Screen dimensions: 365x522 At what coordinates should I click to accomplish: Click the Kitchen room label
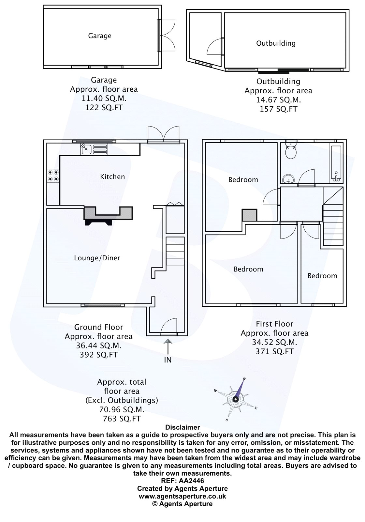(112, 177)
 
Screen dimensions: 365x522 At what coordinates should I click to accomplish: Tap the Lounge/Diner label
(97, 258)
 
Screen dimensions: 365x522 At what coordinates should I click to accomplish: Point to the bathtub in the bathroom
(336, 162)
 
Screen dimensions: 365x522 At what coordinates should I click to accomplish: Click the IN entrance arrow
(168, 346)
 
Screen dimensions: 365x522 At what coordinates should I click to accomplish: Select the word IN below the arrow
(168, 360)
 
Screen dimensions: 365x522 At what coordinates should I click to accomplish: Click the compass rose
(236, 399)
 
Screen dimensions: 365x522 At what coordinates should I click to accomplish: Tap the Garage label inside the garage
(100, 36)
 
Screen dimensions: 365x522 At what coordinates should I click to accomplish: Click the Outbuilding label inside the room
(276, 43)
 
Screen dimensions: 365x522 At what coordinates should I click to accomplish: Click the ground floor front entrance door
(169, 327)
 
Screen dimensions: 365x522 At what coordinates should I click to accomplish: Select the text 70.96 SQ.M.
(122, 409)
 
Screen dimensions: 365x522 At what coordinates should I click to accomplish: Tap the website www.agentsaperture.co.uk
(182, 496)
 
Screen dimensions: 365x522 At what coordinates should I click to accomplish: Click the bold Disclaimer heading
(182, 427)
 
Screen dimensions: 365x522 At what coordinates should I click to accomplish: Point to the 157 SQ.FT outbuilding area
(278, 109)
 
